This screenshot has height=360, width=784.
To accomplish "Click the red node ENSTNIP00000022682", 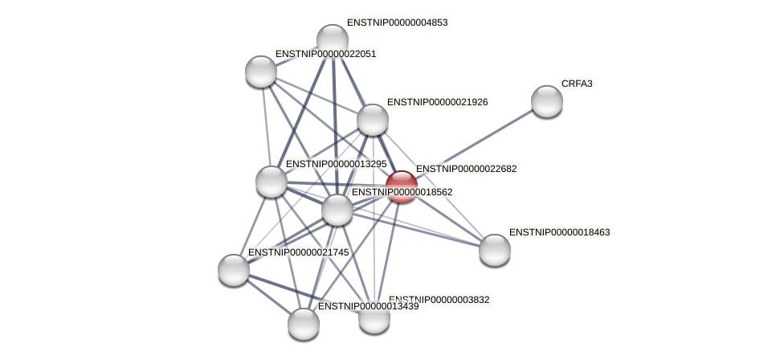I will pos(401,186).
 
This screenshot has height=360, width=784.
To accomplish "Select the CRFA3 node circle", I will pos(547,101).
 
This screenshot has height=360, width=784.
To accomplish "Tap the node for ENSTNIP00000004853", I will pos(333,40).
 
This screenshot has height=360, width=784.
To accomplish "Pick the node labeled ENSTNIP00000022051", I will pos(261,72).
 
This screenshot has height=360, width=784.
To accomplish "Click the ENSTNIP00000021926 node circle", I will pos(373,120).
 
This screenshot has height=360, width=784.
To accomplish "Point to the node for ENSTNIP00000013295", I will pos(272,181).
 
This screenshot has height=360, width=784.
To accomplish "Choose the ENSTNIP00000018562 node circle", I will pos(337,210).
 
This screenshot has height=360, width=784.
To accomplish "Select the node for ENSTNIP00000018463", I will pos(495,249).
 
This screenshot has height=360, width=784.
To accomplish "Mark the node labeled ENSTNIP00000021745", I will pos(234,269).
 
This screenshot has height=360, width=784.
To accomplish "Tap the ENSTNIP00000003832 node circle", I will pos(374,317).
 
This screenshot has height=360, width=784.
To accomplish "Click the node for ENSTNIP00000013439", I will pos(304,323).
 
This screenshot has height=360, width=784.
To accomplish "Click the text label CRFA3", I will pos(577,84).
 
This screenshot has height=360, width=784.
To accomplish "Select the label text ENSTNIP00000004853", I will pos(397,22).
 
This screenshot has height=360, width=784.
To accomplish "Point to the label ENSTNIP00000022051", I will pos(325,54).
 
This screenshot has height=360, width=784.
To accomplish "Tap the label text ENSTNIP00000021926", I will pos(437,102).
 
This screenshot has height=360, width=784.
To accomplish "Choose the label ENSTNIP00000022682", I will pos(466,169).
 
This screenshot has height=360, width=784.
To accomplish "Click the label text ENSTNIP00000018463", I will pos(559,232).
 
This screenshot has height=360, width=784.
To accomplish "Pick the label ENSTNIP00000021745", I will pos(298,252).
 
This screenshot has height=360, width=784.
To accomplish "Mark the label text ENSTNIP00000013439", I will pos(368,306).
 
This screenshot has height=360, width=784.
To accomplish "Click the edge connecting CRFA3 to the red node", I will pos(474,144).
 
